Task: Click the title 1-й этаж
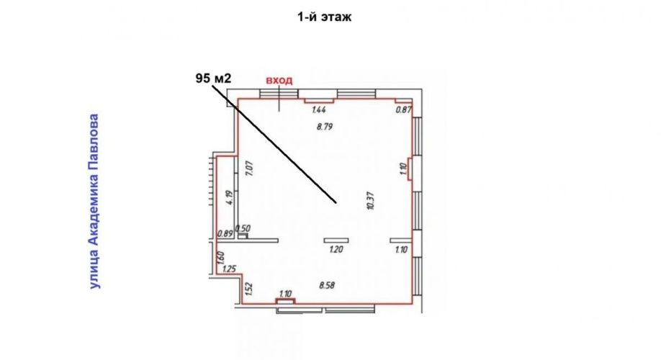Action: [325, 17]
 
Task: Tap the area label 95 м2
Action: [213, 78]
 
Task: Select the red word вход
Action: [279, 81]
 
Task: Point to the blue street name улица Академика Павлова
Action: [94, 202]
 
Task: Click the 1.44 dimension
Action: [319, 110]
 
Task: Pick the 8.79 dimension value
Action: [325, 126]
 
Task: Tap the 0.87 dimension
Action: [403, 110]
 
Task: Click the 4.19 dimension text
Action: [229, 198]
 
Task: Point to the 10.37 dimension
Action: [371, 201]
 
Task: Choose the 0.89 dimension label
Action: [225, 233]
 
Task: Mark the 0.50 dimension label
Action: [243, 228]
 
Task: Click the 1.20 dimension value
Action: [336, 250]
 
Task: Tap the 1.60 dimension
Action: [221, 258]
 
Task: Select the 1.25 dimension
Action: [229, 269]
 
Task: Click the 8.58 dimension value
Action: [327, 285]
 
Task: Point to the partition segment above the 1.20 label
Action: [336, 240]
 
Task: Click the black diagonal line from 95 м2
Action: [274, 144]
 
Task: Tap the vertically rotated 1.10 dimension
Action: [403, 169]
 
